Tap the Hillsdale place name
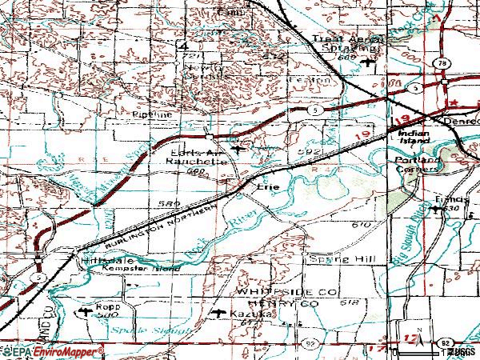click(100, 261)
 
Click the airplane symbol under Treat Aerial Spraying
click(367, 63)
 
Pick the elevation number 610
click(362, 226)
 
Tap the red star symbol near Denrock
click(453, 104)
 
